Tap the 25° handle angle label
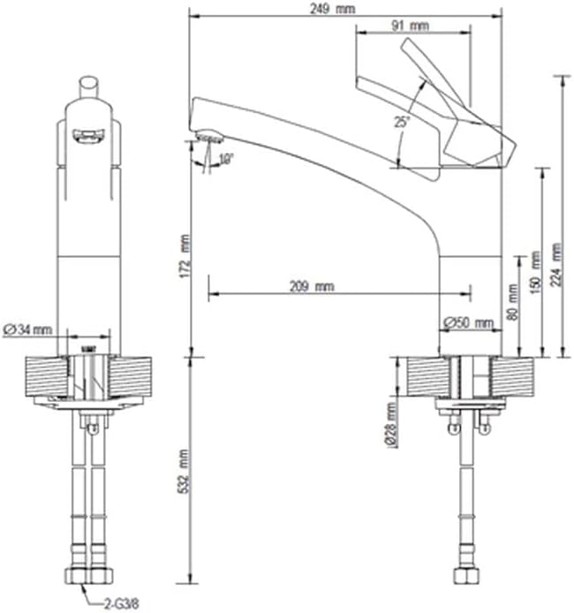point(403,122)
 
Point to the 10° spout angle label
point(225,159)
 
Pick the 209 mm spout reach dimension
point(312,286)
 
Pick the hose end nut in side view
point(465,578)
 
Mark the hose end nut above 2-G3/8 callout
point(89,578)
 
